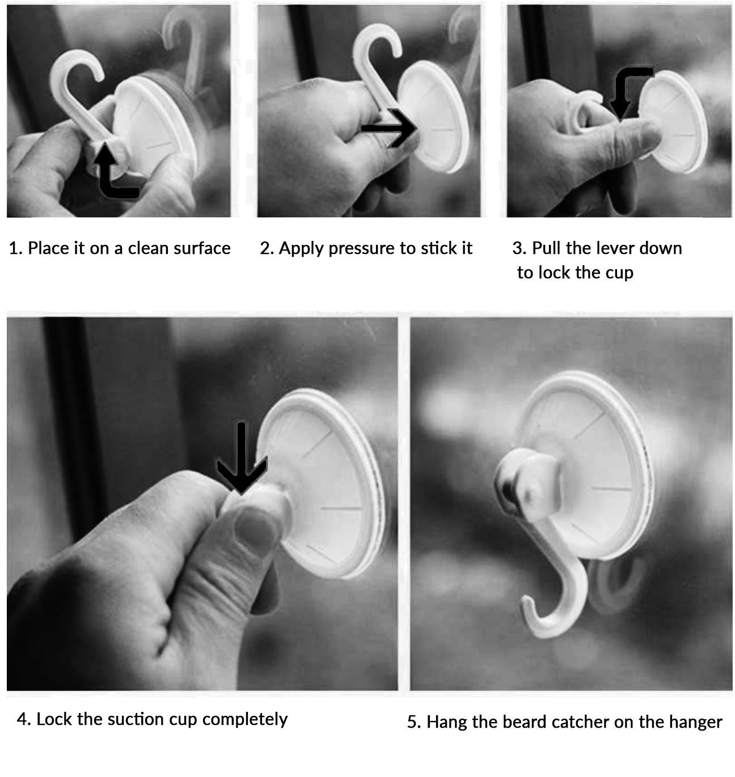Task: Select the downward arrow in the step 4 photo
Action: pos(241,458)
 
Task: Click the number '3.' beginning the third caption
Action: pos(519,249)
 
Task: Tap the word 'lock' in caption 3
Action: pos(555,273)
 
